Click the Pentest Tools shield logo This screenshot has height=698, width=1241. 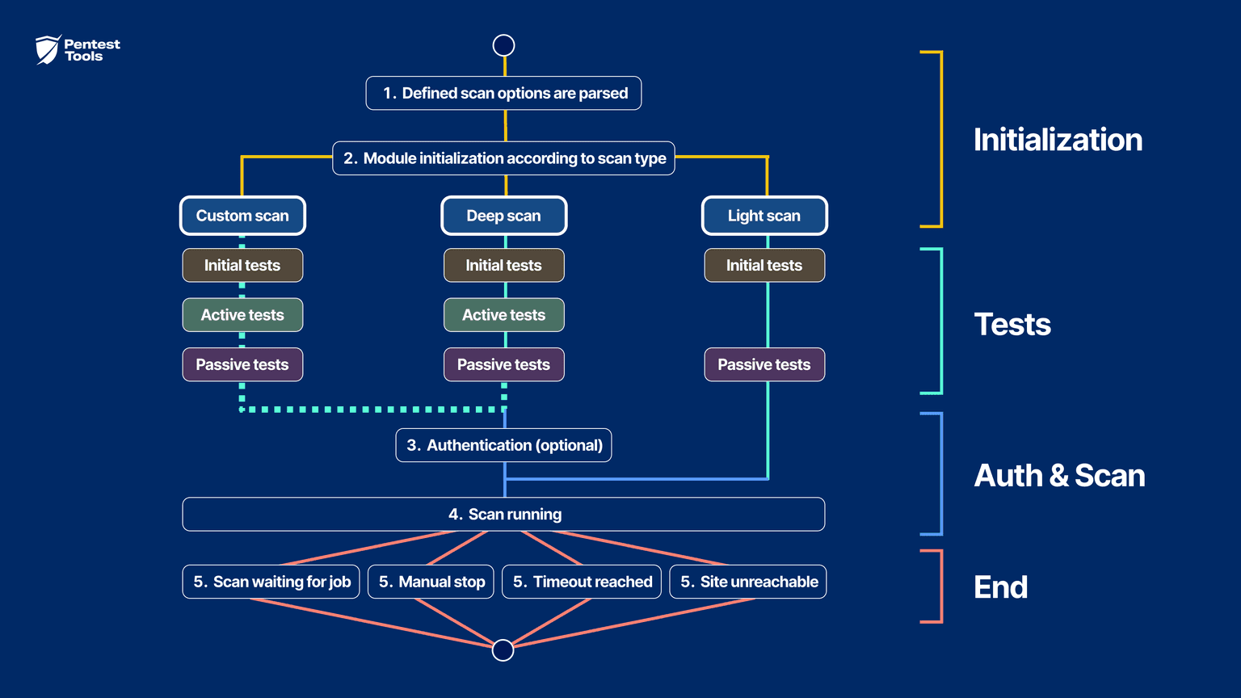pyautogui.click(x=48, y=49)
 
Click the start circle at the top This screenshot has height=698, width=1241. pyautogui.click(x=503, y=45)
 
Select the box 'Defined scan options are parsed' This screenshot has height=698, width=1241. pyautogui.click(x=503, y=93)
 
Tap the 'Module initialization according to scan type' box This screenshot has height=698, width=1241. pyautogui.click(x=503, y=158)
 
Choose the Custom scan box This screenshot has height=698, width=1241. pyautogui.click(x=242, y=216)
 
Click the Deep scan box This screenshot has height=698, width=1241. pyautogui.click(x=503, y=216)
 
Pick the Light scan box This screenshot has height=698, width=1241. pyautogui.click(x=764, y=216)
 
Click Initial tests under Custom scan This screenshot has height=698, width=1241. pyautogui.click(x=242, y=265)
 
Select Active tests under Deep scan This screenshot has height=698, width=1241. pyautogui.click(x=503, y=315)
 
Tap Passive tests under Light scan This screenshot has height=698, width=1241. pyautogui.click(x=764, y=364)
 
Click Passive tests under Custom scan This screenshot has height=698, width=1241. pyautogui.click(x=242, y=364)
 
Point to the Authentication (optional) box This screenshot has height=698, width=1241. pyautogui.click(x=503, y=445)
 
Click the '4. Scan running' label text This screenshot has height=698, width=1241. pyautogui.click(x=505, y=515)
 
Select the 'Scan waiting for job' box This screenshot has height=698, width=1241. pyautogui.click(x=271, y=582)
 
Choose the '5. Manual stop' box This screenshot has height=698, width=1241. pyautogui.click(x=431, y=582)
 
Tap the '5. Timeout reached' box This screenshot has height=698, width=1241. pyautogui.click(x=582, y=582)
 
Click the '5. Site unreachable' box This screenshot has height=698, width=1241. pyautogui.click(x=748, y=582)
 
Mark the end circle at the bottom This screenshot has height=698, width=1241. pyautogui.click(x=503, y=650)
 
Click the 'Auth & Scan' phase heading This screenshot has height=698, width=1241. pyautogui.click(x=1059, y=476)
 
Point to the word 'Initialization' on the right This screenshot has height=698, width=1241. pyautogui.click(x=1058, y=140)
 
